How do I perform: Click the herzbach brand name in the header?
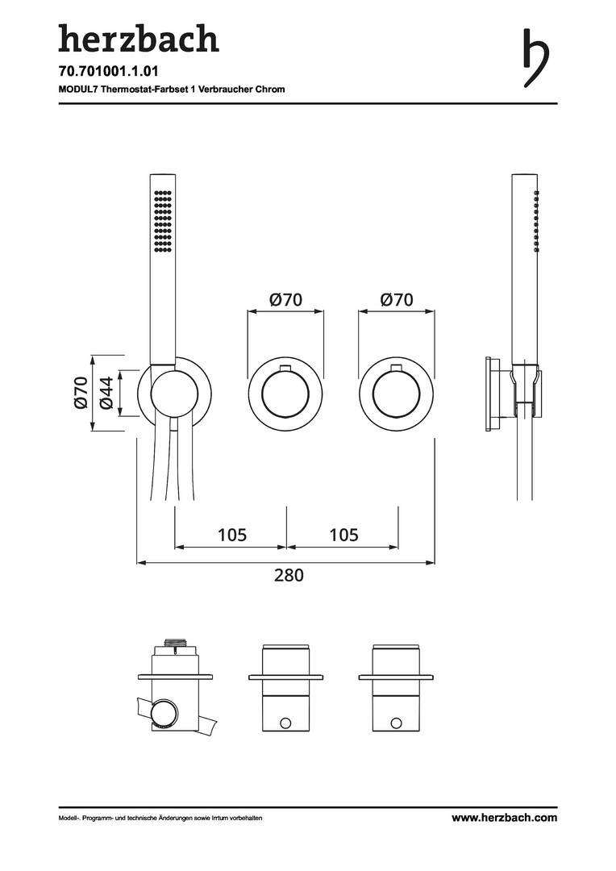tap(139, 38)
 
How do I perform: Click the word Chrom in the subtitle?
tap(270, 89)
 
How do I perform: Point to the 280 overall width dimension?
tap(289, 574)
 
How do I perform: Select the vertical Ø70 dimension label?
tap(81, 392)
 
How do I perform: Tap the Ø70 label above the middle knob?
tap(285, 300)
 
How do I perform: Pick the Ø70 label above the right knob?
tap(397, 300)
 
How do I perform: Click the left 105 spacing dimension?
tap(232, 535)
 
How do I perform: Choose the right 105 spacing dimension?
tap(343, 535)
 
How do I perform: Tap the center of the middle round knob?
tap(285, 394)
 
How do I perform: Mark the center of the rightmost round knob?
tap(397, 394)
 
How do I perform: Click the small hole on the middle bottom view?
tap(285, 723)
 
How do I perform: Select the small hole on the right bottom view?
tap(396, 723)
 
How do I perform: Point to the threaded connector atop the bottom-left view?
tap(174, 643)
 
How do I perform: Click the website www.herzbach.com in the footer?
tap(505, 818)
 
